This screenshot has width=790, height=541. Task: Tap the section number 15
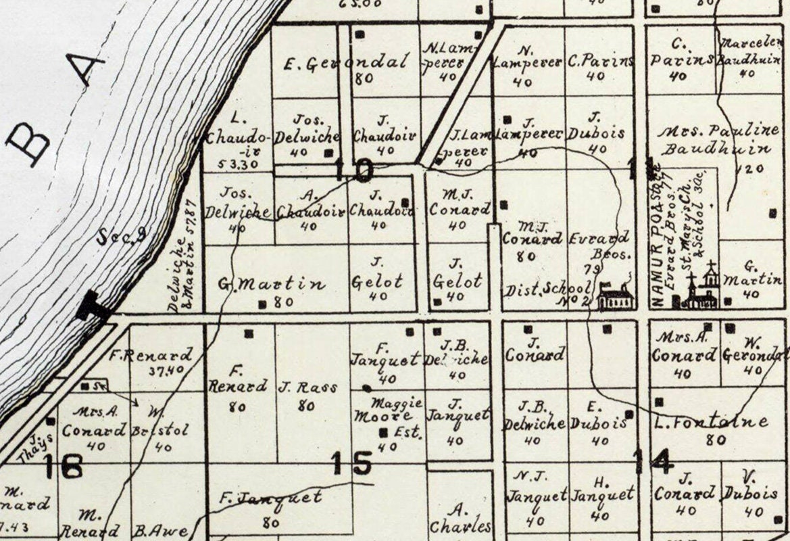[351, 464]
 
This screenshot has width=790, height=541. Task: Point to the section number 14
[653, 461]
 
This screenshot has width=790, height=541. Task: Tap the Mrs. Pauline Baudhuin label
[715, 139]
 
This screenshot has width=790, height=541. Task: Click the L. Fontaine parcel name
[712, 423]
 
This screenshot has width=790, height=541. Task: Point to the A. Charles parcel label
[459, 518]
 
